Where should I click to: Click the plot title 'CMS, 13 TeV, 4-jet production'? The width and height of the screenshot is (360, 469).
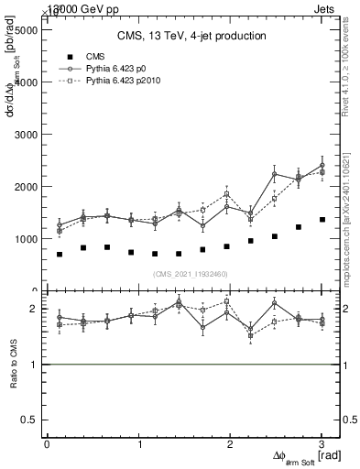[x=191, y=37]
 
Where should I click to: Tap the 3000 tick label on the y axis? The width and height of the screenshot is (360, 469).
[x=24, y=134]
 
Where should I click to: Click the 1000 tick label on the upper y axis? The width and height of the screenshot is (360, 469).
[x=24, y=239]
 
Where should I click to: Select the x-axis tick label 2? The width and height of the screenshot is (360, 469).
[x=230, y=444]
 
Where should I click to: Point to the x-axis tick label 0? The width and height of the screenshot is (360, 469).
[x=47, y=444]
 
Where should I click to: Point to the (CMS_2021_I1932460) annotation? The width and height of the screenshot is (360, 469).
[x=191, y=273]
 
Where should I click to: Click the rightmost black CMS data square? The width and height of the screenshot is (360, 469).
[x=322, y=220]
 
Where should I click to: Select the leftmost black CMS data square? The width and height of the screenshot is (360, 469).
[x=60, y=254]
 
